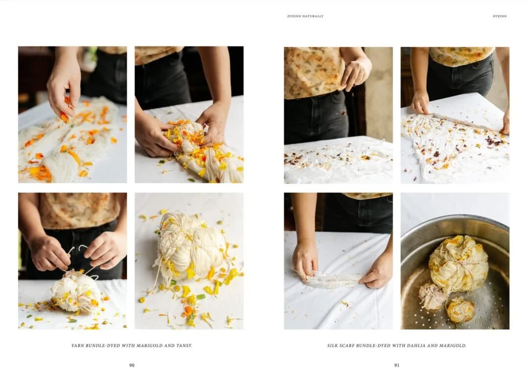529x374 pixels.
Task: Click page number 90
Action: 132,365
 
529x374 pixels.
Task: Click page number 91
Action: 397,365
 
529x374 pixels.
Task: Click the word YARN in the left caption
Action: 78,346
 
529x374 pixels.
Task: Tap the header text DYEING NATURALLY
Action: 305,16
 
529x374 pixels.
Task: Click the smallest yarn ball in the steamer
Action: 460,309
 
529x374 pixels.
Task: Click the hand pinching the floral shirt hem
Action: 357,72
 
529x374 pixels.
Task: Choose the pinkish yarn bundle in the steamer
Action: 432,295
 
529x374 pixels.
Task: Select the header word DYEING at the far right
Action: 500,16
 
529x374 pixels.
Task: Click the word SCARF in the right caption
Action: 351,346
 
